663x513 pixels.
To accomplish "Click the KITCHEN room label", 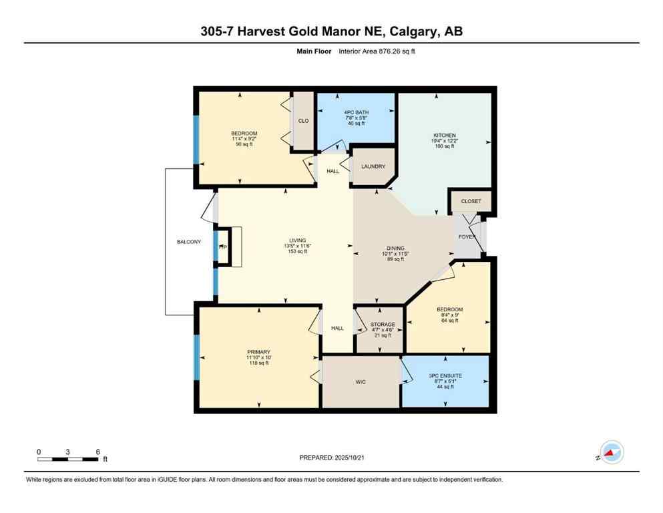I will (x=444, y=136).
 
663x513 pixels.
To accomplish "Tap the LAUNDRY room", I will (x=373, y=166).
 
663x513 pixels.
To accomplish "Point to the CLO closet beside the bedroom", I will (x=303, y=121).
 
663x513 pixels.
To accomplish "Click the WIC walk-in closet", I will (x=361, y=382).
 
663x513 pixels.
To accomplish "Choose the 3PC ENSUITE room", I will (x=445, y=376).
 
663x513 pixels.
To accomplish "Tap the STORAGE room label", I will (x=383, y=325).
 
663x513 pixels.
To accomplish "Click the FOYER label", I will (x=466, y=237).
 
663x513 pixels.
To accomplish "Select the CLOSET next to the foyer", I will (x=471, y=201).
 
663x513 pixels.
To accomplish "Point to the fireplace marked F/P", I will (x=222, y=247).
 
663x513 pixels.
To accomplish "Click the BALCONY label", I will (x=188, y=242).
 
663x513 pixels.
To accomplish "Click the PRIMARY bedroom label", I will (x=258, y=352).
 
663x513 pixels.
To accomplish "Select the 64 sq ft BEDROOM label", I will (x=449, y=321).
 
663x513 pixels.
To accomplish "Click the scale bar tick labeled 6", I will (x=97, y=452).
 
